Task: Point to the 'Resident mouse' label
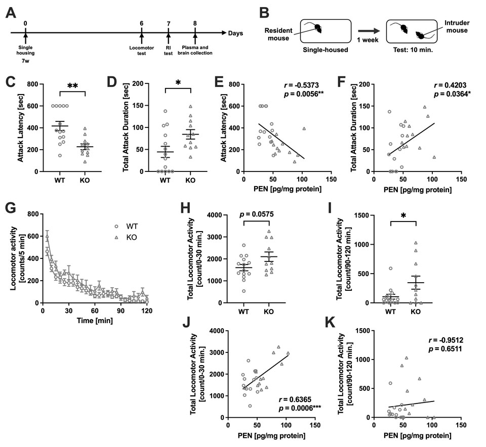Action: (278, 33)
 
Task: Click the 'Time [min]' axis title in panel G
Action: (97, 321)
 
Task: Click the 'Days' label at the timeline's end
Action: (235, 33)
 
